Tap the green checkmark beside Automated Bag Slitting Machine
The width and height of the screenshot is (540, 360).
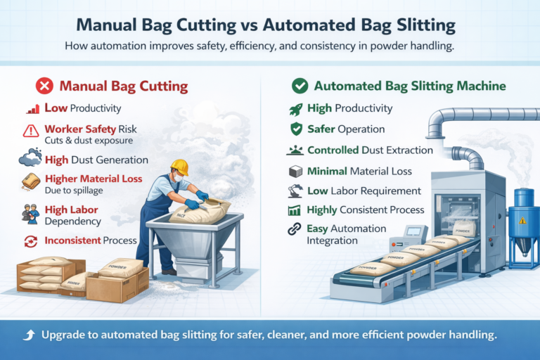300,87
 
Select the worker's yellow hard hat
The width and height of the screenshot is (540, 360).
180,167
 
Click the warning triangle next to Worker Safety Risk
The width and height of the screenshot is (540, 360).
31,130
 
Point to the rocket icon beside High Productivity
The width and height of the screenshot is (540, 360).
295,109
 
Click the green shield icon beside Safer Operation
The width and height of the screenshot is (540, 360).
295,129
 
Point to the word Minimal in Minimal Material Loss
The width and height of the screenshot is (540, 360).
328,170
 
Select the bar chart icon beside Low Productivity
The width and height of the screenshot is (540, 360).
32,109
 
